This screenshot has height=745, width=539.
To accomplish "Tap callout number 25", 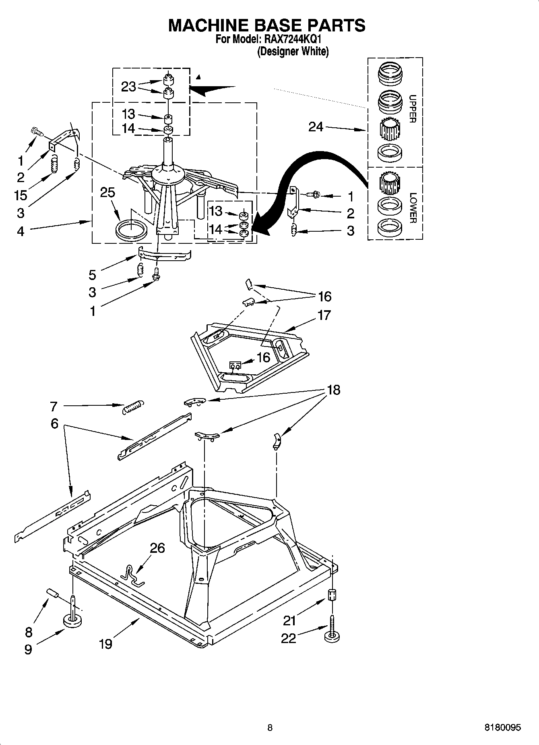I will (x=107, y=193).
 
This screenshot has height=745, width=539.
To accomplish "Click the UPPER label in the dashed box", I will (x=413, y=109).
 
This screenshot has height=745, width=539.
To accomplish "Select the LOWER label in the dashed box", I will (x=413, y=208).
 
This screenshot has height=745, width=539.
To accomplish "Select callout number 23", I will (x=128, y=87).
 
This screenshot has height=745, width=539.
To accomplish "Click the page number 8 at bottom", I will (x=270, y=728).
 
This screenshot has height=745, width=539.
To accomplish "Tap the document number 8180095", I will (x=502, y=728).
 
